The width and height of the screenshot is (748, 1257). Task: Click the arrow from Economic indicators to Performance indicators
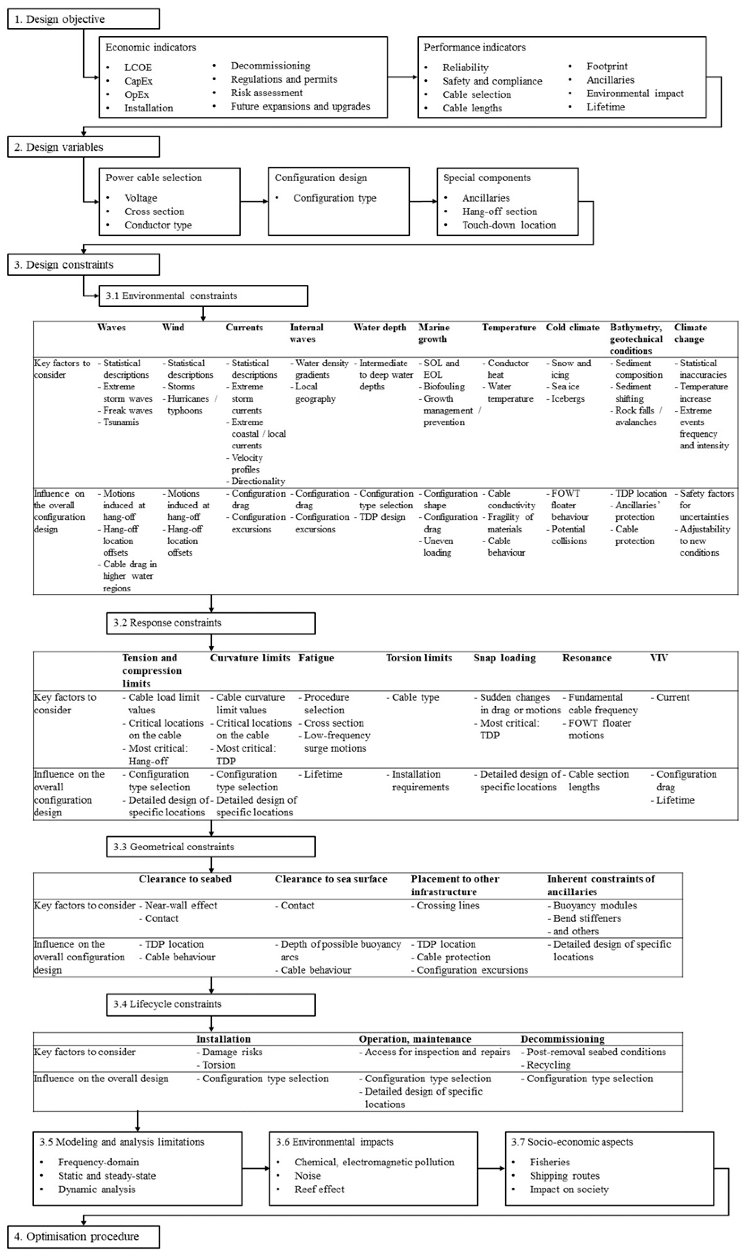coord(402,77)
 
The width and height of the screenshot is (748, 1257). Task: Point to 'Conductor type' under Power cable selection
coord(158,225)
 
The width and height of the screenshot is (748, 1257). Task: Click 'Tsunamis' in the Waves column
coord(121,422)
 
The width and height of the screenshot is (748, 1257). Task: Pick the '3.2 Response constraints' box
coord(211,622)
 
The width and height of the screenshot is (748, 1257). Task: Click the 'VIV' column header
coord(659,658)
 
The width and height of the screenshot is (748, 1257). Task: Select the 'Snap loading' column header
coord(505,658)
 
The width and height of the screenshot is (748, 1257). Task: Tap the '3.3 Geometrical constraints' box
coord(211,847)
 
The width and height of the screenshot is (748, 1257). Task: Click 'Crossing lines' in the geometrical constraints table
coord(448,905)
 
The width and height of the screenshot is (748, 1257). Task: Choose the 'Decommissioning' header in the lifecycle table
coord(562,1038)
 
